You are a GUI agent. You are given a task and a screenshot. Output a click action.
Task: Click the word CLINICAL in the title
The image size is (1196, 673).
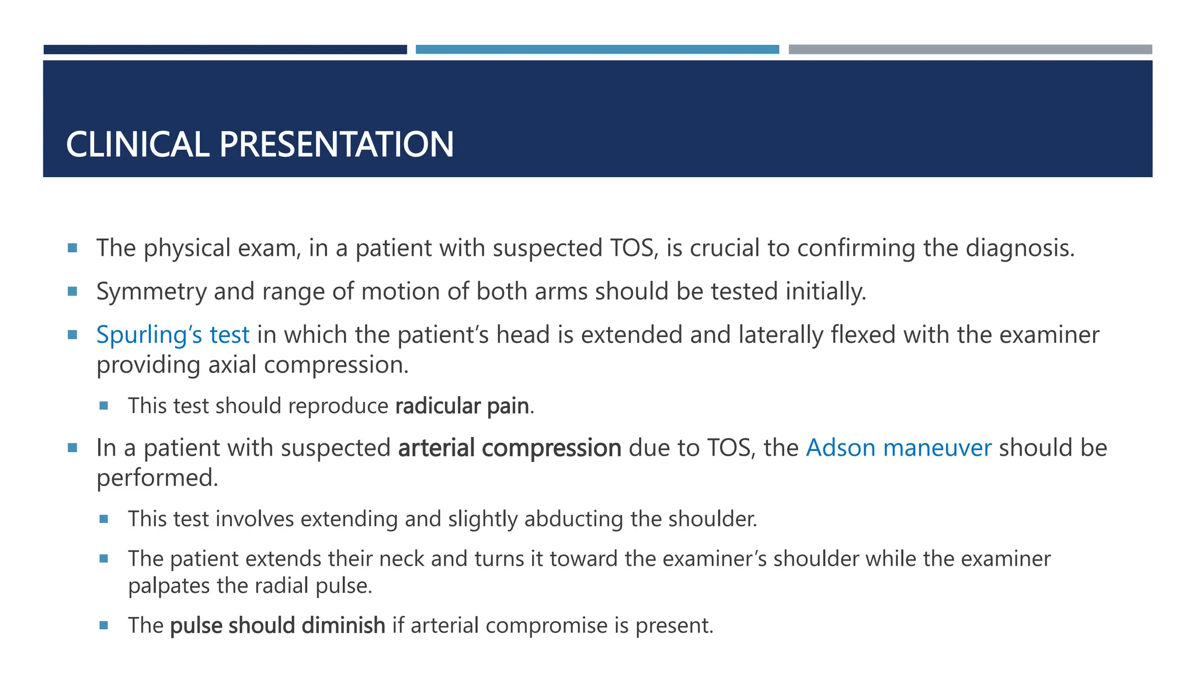[137, 144]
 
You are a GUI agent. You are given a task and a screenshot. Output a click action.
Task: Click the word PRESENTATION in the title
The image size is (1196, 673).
[336, 144]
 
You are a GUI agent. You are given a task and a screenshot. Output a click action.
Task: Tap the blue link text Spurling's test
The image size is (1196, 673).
[173, 335]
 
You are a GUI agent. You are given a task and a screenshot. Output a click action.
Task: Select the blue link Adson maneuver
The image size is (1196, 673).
[898, 448]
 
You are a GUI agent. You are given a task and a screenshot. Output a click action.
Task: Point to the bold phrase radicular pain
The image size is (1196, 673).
[462, 406]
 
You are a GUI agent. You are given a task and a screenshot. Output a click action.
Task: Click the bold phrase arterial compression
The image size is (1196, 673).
[509, 448]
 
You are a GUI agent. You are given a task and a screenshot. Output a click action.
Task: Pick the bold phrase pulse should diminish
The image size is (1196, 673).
[277, 626]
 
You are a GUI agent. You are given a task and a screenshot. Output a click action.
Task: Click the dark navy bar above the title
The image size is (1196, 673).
[225, 50]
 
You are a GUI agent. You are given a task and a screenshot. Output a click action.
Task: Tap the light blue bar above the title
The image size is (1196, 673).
[597, 50]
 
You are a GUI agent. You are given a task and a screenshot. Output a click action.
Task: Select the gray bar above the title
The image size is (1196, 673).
[970, 50]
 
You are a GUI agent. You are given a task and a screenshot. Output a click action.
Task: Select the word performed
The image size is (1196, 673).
[157, 478]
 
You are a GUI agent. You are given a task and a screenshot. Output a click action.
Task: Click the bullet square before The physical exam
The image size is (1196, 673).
[72, 248]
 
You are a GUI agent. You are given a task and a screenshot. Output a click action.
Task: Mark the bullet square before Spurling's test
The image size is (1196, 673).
[72, 335]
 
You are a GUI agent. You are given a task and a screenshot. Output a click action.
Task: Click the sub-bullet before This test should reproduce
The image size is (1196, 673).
[104, 405]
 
